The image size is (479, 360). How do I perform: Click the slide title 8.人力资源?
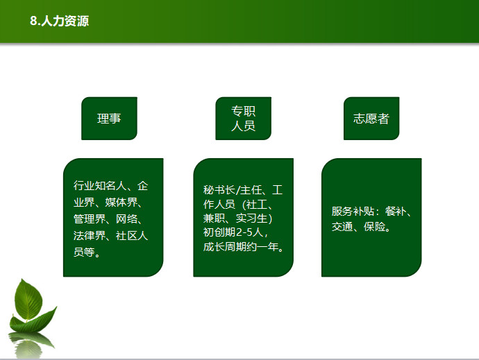(x=59, y=21)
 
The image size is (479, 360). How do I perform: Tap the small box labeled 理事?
(x=109, y=119)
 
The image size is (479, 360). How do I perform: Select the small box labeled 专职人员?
(x=243, y=119)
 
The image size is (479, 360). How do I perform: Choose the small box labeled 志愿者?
(x=371, y=119)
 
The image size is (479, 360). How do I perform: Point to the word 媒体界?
(x=121, y=202)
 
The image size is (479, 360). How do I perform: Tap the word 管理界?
(x=89, y=218)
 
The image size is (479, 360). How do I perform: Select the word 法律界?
(x=89, y=235)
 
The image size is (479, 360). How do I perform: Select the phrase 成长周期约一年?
(x=241, y=247)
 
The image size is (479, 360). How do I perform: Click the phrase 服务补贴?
(x=353, y=211)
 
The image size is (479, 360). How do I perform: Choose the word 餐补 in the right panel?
(x=396, y=211)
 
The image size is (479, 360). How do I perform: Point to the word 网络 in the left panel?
(x=126, y=218)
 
